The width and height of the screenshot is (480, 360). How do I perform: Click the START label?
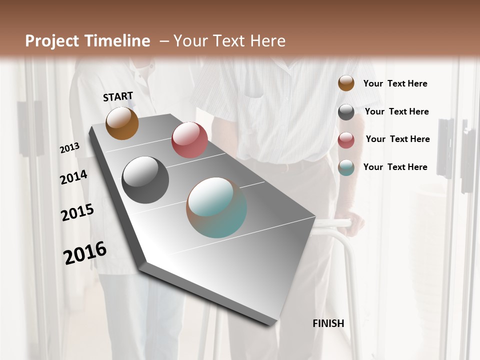click(x=118, y=96)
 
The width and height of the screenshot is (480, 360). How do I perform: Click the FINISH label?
click(x=328, y=323)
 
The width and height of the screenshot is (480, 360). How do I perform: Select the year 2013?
click(x=70, y=147)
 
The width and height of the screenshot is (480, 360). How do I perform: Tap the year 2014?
click(x=73, y=177)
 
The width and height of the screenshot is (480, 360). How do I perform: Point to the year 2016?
click(x=85, y=252)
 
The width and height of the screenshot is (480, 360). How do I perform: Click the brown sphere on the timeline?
click(x=122, y=123)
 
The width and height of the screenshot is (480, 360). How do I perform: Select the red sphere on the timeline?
click(x=189, y=140)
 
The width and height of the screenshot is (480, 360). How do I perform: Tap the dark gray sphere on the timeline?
click(x=145, y=180)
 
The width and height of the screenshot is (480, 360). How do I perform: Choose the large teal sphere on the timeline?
click(x=216, y=207)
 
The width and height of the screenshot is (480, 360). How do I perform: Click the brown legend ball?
click(x=346, y=83)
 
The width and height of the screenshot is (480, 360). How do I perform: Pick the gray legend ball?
click(x=346, y=112)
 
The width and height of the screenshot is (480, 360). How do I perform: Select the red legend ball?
click(x=346, y=140)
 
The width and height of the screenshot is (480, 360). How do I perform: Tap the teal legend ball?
click(x=346, y=168)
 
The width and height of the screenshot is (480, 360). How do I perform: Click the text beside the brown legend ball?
click(x=395, y=83)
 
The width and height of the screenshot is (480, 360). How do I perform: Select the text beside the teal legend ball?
click(x=395, y=167)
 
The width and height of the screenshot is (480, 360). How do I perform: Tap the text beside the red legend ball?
click(x=397, y=139)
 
